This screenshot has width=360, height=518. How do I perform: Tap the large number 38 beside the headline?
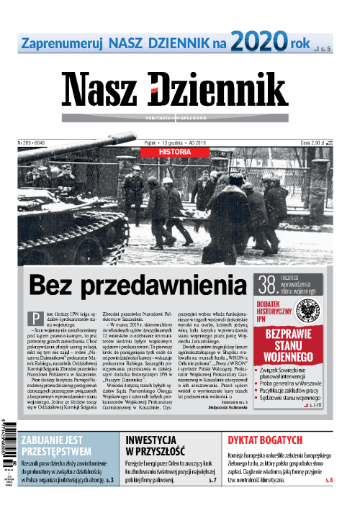[x=271, y=285]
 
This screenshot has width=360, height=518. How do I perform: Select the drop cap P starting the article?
[x=32, y=319]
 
